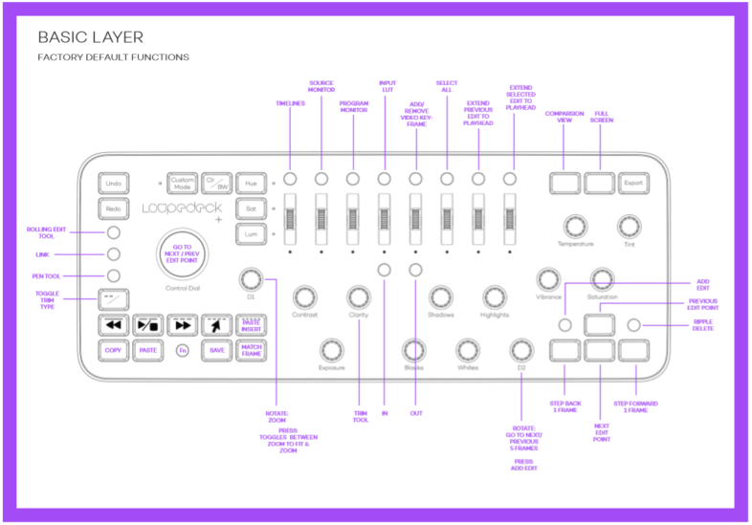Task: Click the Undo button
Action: coord(114,182)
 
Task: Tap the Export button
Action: coord(631,182)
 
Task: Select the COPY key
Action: coord(114,350)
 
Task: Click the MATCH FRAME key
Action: coord(252,350)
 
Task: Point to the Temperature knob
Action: coord(575,226)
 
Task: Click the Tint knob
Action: coord(629,226)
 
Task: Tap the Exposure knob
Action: coord(332,349)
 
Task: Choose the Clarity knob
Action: coord(359,296)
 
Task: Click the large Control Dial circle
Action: coord(182,254)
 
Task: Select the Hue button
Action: coord(252,182)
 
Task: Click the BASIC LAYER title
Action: coord(90,37)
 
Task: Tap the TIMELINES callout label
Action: coord(290,103)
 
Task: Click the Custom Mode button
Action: coord(182,182)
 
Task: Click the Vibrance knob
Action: coord(548,278)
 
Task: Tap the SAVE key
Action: coord(217,350)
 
